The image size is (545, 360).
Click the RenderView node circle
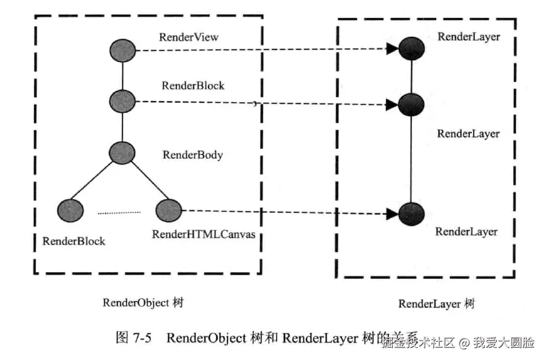123,50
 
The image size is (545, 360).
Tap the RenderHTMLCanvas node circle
169,211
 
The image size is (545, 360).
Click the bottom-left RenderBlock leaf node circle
70,211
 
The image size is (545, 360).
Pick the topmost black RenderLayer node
411,48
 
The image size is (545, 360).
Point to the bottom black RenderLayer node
411,214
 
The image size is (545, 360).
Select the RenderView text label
189,37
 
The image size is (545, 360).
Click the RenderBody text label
193,155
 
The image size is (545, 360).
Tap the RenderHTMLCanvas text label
204,234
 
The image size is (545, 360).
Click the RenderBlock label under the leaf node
74,241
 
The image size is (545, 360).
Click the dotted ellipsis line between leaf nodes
119,213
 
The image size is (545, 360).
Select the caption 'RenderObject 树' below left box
143,303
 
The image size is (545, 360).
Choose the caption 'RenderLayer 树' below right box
436,304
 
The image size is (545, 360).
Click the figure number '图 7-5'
133,338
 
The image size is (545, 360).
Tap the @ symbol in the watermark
463,343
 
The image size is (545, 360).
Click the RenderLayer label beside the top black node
469,36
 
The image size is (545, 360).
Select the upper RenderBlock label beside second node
193,85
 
